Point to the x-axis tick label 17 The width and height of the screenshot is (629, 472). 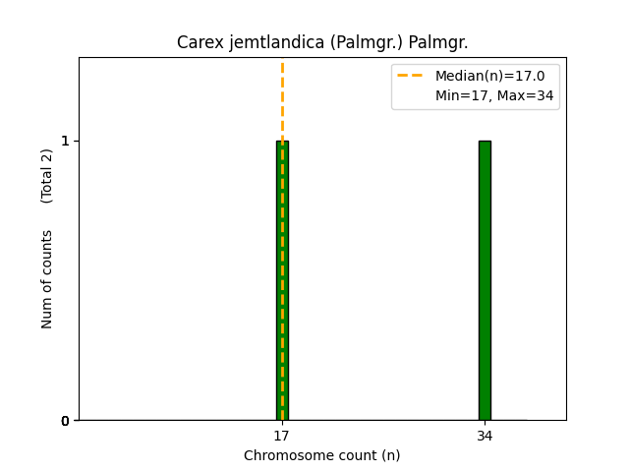pyautogui.click(x=282, y=435)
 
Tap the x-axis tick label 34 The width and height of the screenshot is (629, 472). pyautogui.click(x=485, y=435)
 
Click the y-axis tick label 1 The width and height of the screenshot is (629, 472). pyautogui.click(x=65, y=141)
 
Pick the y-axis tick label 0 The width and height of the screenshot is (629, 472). pyautogui.click(x=65, y=421)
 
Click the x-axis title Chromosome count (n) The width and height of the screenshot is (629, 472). pyautogui.click(x=321, y=455)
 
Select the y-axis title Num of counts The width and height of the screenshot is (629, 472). pyautogui.click(x=47, y=279)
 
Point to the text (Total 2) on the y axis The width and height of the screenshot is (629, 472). pyautogui.click(x=47, y=176)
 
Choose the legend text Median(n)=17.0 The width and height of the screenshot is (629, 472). pyautogui.click(x=489, y=76)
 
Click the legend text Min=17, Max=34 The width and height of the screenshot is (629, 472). pyautogui.click(x=494, y=95)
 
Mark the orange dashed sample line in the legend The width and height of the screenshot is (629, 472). pyautogui.click(x=410, y=76)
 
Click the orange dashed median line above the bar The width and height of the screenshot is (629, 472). pyautogui.click(x=282, y=98)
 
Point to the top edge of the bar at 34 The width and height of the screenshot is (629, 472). pyautogui.click(x=485, y=141)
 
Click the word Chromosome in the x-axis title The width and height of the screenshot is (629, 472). pyautogui.click(x=284, y=455)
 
